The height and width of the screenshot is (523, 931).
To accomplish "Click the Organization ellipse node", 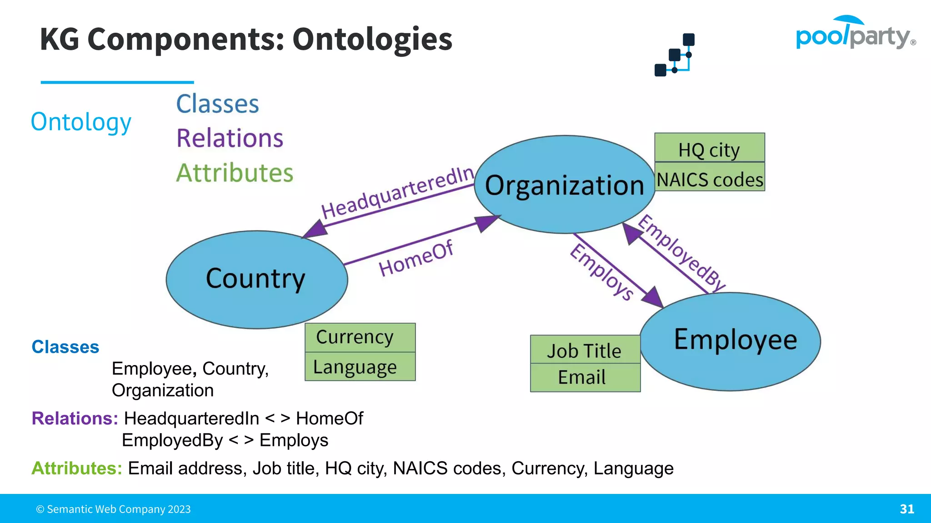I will click(564, 185).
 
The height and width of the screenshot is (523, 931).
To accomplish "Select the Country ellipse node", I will click(256, 279).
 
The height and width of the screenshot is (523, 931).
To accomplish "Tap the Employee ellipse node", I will click(731, 341).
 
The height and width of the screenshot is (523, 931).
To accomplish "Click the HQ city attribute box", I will click(709, 148).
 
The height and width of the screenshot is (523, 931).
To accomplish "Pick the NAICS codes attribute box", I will click(710, 178).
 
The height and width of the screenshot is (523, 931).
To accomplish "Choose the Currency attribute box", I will click(360, 337).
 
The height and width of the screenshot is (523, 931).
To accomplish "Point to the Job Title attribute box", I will click(585, 350).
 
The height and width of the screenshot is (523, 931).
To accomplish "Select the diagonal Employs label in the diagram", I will click(601, 272).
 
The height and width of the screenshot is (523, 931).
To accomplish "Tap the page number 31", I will click(906, 509).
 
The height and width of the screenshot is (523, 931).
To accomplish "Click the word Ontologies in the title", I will click(372, 39).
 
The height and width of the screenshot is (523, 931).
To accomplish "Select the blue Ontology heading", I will click(81, 122).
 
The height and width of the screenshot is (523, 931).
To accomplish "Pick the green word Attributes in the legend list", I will click(235, 173).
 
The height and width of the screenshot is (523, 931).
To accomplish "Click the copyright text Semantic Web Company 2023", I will click(114, 509).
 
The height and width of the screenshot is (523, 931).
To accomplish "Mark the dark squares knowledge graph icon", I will click(675, 55).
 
